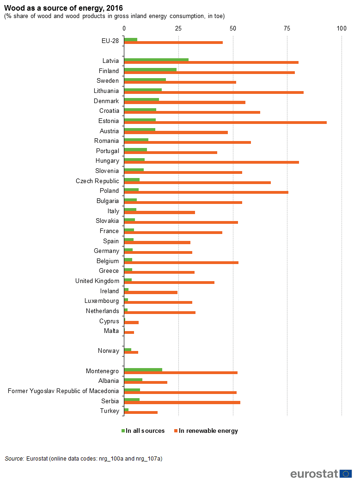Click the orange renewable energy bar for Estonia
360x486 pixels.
[225, 123]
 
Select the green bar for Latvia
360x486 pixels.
[156, 60]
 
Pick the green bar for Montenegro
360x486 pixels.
[143, 369]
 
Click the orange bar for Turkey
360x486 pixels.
[140, 412]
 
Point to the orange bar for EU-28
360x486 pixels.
[173, 43]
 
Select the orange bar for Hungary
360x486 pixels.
[211, 162]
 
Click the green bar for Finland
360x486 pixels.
[150, 69]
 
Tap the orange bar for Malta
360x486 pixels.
[129, 332]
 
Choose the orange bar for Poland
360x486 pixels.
[206, 192]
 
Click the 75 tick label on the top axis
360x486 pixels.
[287, 29]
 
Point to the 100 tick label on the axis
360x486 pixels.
[342, 29]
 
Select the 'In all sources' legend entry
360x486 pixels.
[143, 431]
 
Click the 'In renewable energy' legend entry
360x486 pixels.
[206, 431]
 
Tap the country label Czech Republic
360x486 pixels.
[97, 181]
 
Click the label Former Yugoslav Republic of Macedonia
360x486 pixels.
[63, 391]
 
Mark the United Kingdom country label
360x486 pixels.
[97, 281]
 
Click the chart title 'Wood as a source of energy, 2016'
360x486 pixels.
[64, 8]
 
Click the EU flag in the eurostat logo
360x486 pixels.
[346, 474]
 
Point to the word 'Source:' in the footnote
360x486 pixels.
[14, 459]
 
